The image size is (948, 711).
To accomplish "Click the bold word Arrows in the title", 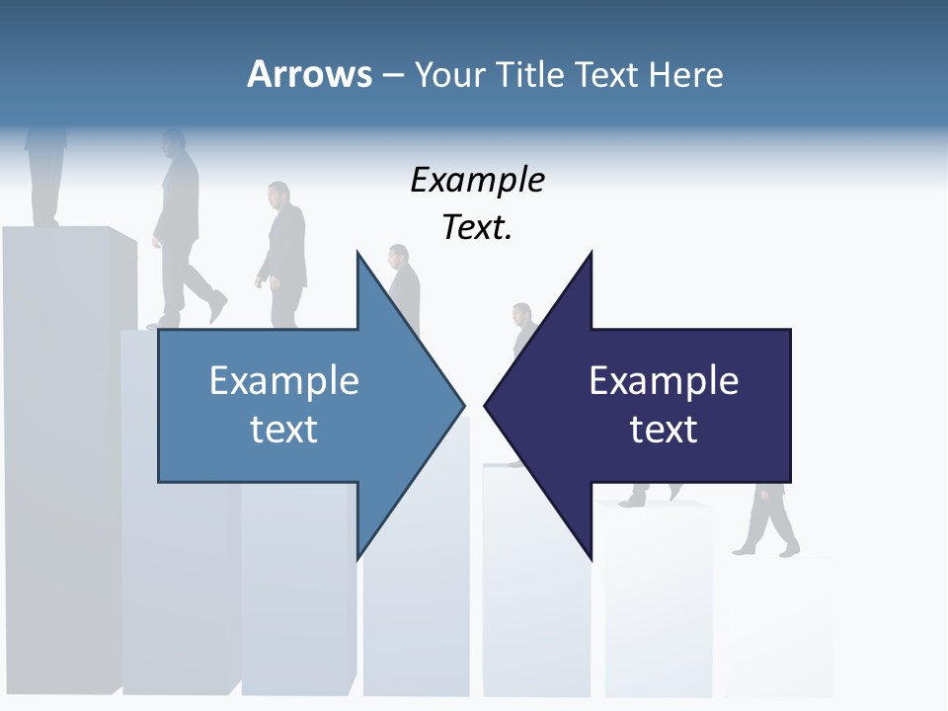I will point(308,74).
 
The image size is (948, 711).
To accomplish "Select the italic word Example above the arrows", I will point(477,181).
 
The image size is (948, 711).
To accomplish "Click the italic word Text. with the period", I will point(477,228).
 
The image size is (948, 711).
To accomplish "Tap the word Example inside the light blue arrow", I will point(284,381).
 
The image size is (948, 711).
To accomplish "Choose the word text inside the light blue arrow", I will point(284,430).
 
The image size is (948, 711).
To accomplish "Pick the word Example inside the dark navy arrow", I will point(664,381).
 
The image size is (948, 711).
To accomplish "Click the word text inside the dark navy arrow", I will point(664,430).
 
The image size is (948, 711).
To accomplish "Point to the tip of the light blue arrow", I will point(462,405).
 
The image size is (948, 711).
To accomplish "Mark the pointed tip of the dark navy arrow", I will point(487,405).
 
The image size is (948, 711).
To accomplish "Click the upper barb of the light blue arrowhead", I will point(358,259).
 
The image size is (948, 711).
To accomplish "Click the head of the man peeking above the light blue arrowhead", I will point(398,256).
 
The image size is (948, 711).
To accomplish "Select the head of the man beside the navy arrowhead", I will point(520,315).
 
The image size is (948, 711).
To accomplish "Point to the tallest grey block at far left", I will point(59,444).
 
